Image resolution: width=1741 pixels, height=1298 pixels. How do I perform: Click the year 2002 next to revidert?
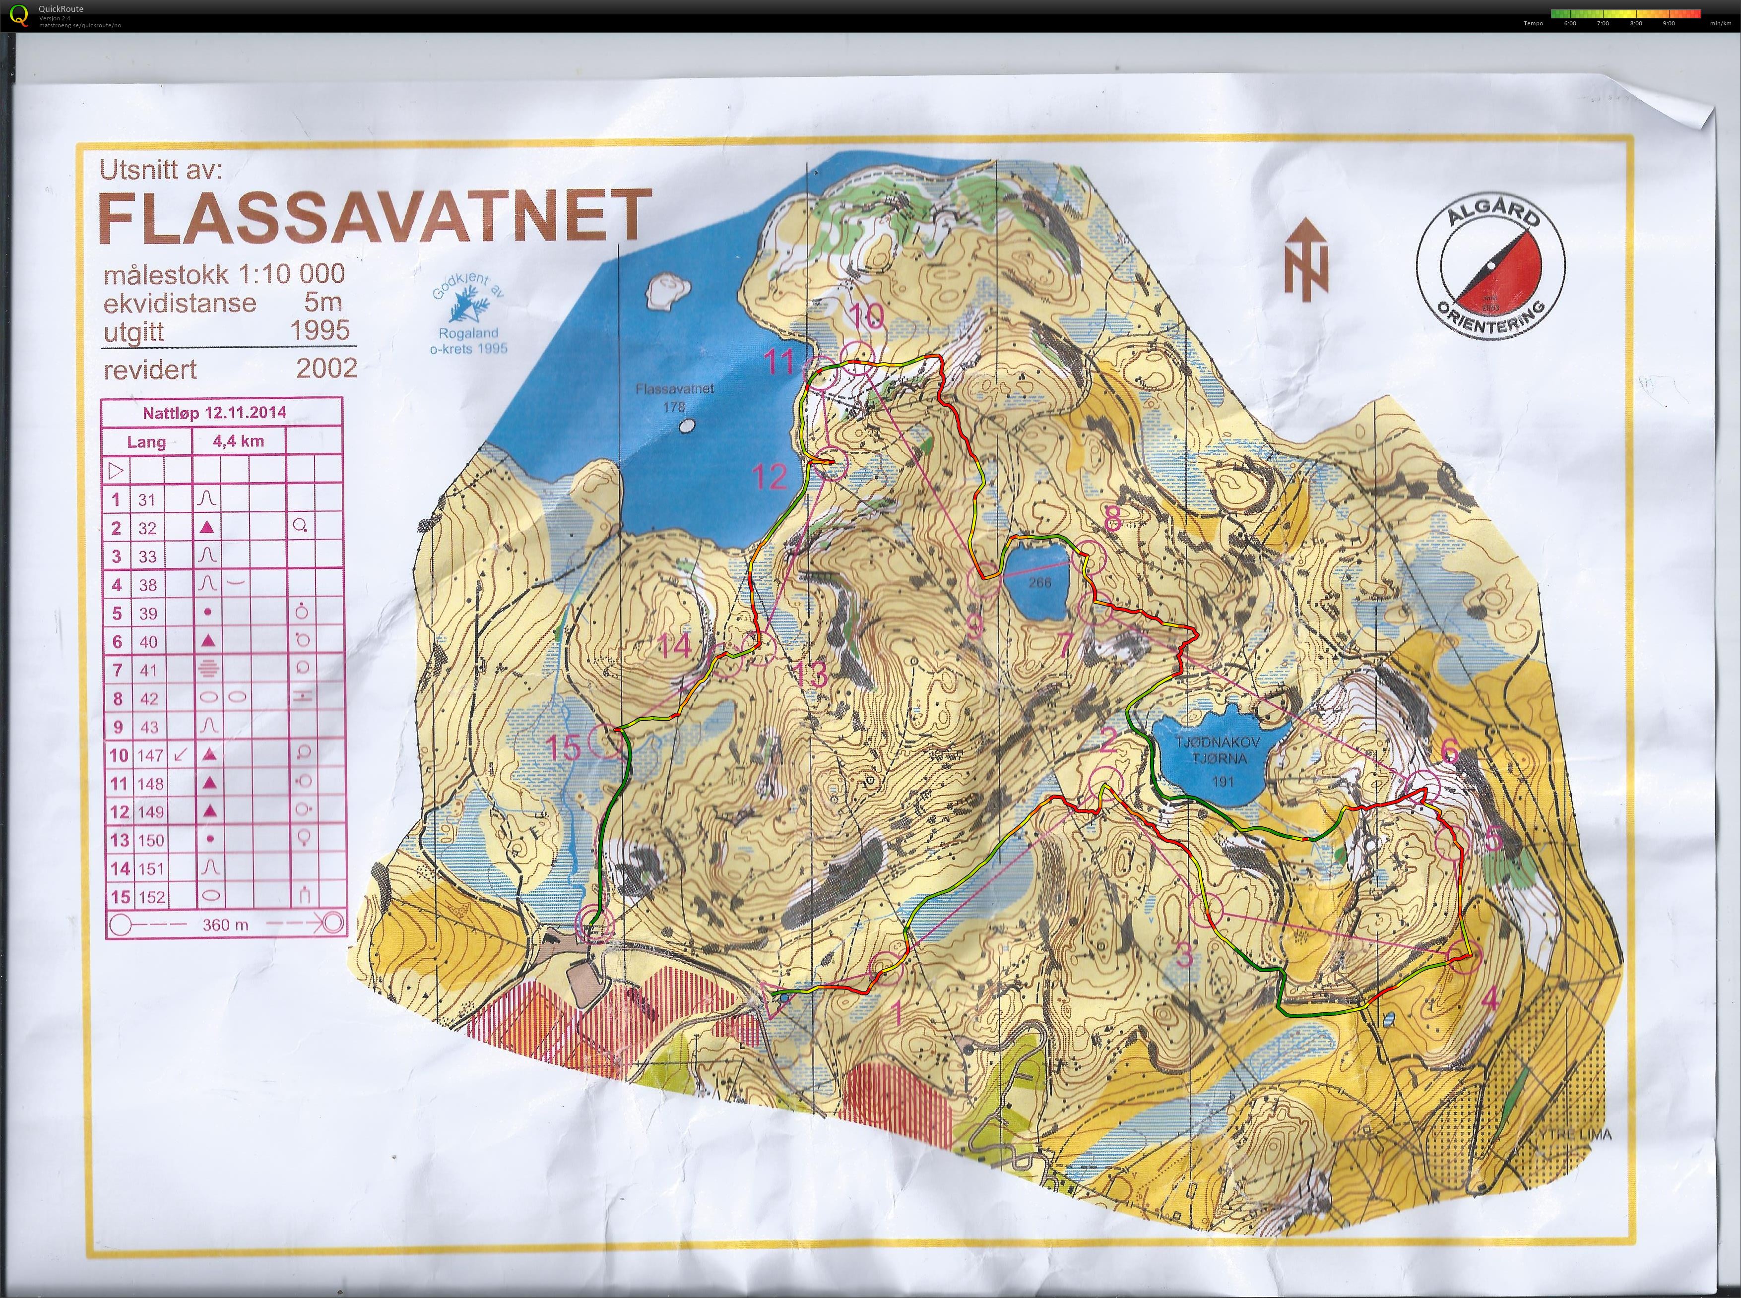click(326, 368)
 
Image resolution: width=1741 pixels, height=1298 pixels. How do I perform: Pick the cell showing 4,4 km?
click(238, 441)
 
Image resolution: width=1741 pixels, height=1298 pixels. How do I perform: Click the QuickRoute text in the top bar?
click(66, 8)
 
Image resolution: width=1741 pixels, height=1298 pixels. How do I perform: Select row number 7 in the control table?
click(118, 670)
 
